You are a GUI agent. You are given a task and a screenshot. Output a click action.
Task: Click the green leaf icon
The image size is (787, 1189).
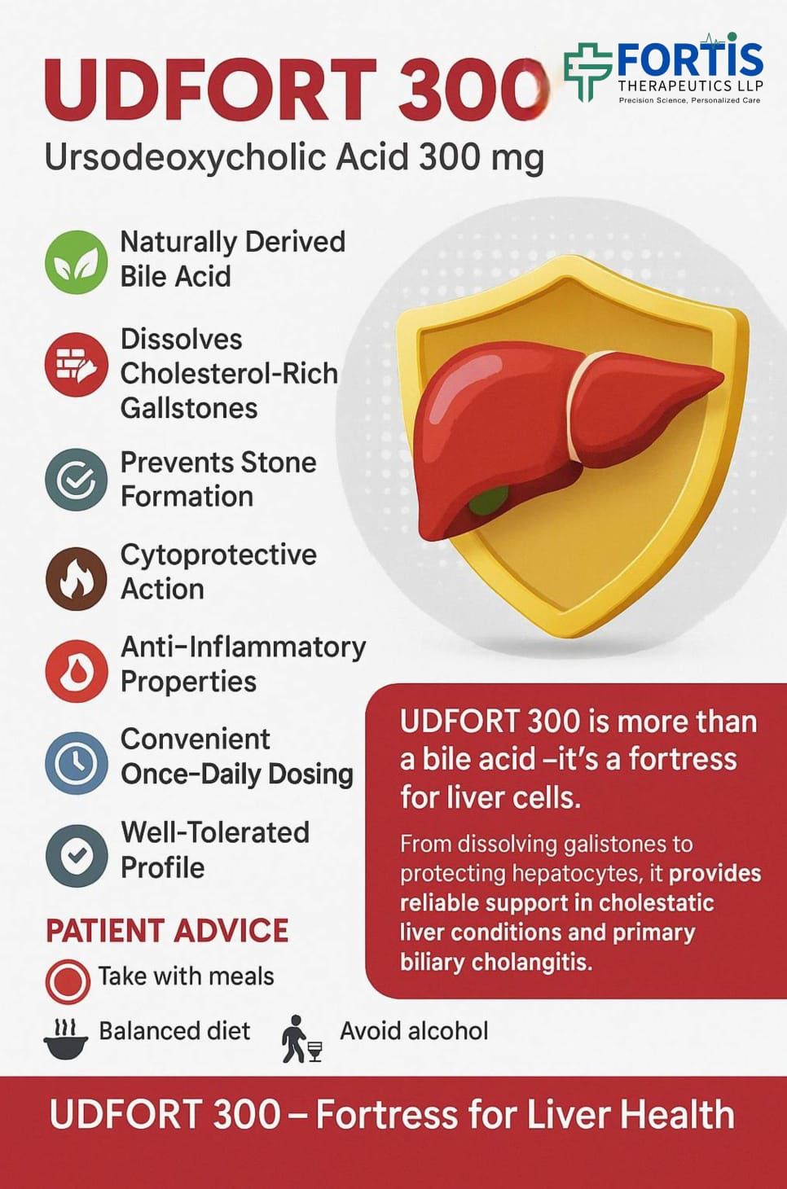76,261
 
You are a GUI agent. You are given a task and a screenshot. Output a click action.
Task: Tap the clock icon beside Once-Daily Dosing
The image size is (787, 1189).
76,762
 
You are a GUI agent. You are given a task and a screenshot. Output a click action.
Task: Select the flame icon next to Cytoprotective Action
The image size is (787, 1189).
76,578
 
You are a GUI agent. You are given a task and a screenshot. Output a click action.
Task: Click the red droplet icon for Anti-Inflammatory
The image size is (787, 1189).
76,670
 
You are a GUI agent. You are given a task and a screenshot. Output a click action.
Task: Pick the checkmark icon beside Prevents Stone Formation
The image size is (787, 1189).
76,480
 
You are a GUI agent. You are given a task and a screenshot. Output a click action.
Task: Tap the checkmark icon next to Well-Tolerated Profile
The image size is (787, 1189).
76,855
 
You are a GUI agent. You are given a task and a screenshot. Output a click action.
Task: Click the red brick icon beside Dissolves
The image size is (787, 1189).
76,364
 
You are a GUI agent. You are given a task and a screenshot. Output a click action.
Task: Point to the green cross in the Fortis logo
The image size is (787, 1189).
587,71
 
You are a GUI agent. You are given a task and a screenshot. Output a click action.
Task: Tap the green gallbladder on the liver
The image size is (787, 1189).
487,499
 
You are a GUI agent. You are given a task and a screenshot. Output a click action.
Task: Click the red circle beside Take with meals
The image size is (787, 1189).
67,981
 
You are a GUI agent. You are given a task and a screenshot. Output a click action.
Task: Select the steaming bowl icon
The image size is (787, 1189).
65,1038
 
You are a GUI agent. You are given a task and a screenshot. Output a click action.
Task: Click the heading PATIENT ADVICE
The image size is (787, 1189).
167,931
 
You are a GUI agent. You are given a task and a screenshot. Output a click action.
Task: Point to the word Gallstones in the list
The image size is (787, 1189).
189,408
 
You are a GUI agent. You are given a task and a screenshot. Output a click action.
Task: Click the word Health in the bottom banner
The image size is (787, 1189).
672,1115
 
